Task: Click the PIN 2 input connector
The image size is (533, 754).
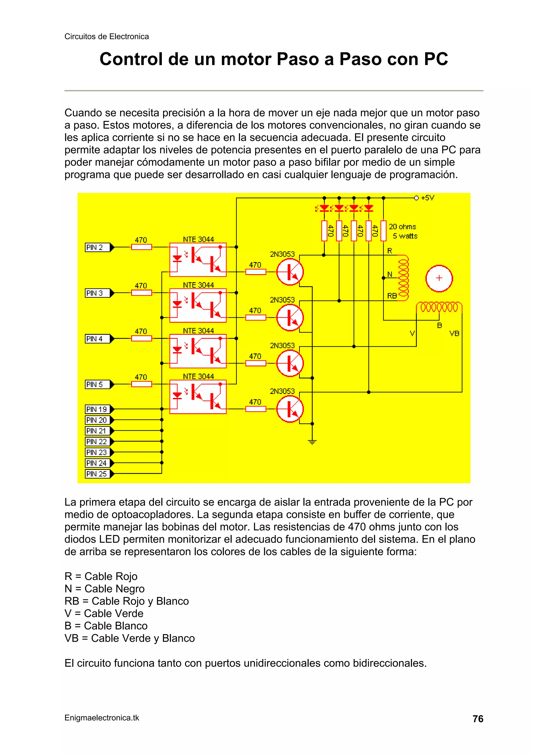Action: pos(98,247)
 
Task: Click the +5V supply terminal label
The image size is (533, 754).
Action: pos(427,198)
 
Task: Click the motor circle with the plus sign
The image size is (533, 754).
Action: pos(439,278)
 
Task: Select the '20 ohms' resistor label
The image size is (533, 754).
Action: pos(402,227)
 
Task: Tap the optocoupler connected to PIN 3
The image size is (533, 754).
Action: pos(198,305)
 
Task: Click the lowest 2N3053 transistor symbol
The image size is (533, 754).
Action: pos(290,409)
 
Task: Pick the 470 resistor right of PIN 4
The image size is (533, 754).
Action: pos(142,338)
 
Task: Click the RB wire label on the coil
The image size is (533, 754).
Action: pos(392,296)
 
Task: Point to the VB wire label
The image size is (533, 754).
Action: pos(454,334)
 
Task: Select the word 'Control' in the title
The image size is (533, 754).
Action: pos(131,59)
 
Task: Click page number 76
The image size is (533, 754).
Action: pos(478,719)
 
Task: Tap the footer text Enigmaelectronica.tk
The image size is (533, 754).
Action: pos(102,718)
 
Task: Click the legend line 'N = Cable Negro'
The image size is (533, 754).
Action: pos(104,588)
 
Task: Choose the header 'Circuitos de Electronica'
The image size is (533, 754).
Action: pos(106,36)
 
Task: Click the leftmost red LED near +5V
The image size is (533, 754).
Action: pos(324,208)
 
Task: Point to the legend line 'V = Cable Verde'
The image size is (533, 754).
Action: pos(104,613)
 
